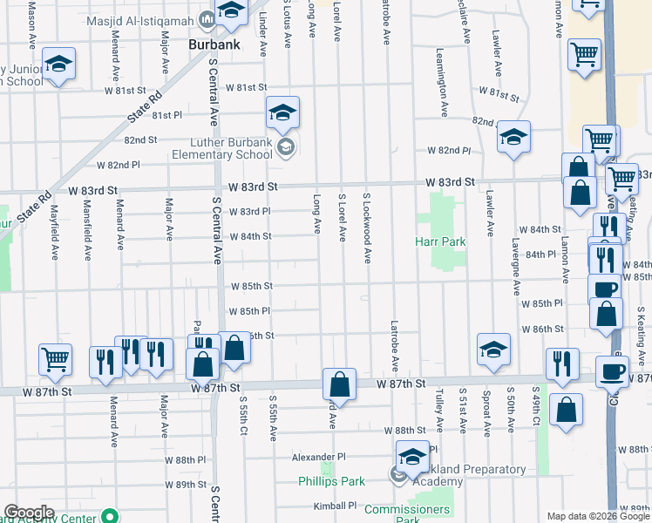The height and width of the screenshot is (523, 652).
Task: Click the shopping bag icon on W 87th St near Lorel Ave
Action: point(339,383)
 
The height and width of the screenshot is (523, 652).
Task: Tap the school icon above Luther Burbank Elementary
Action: point(282,112)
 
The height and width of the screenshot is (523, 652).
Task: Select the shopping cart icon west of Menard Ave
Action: point(55,357)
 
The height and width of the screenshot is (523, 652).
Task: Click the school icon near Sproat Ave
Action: point(492,349)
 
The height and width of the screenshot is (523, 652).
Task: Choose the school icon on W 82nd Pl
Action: point(514,136)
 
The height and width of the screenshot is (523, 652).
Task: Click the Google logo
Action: point(30,513)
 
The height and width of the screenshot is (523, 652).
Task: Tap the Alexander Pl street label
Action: point(318,457)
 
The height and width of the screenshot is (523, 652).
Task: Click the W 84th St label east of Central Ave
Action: point(250,236)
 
